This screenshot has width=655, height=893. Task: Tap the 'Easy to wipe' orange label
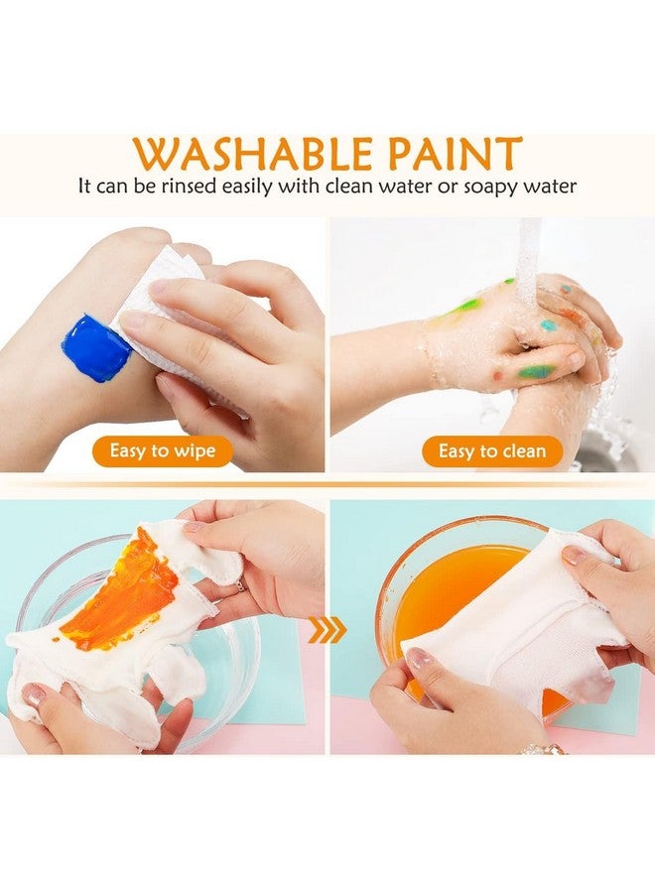[162, 450]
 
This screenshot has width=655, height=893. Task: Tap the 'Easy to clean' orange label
[492, 450]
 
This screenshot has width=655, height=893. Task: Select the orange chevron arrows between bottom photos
[328, 626]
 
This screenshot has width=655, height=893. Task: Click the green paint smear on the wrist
[462, 307]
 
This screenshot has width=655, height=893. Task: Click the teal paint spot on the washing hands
[547, 324]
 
